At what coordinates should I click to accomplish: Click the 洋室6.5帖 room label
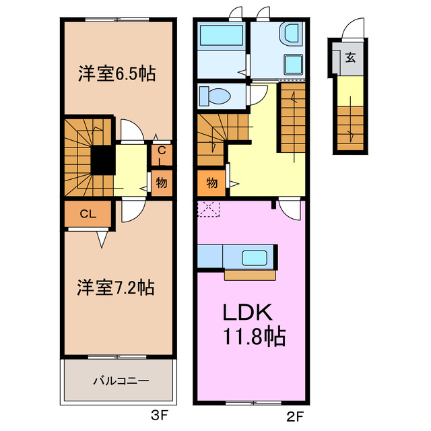click(117, 73)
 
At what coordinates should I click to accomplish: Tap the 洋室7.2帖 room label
click(116, 288)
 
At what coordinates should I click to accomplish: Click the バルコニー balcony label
click(121, 380)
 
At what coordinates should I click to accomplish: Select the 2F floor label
click(286, 415)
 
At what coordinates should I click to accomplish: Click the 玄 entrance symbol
click(351, 57)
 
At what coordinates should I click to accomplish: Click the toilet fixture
click(215, 96)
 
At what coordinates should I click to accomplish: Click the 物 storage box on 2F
click(211, 183)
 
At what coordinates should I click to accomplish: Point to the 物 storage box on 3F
click(162, 182)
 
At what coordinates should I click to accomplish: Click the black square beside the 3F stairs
click(102, 160)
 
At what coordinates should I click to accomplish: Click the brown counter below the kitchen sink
click(250, 275)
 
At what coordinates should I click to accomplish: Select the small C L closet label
click(162, 156)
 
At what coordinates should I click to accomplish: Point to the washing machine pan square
click(293, 65)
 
